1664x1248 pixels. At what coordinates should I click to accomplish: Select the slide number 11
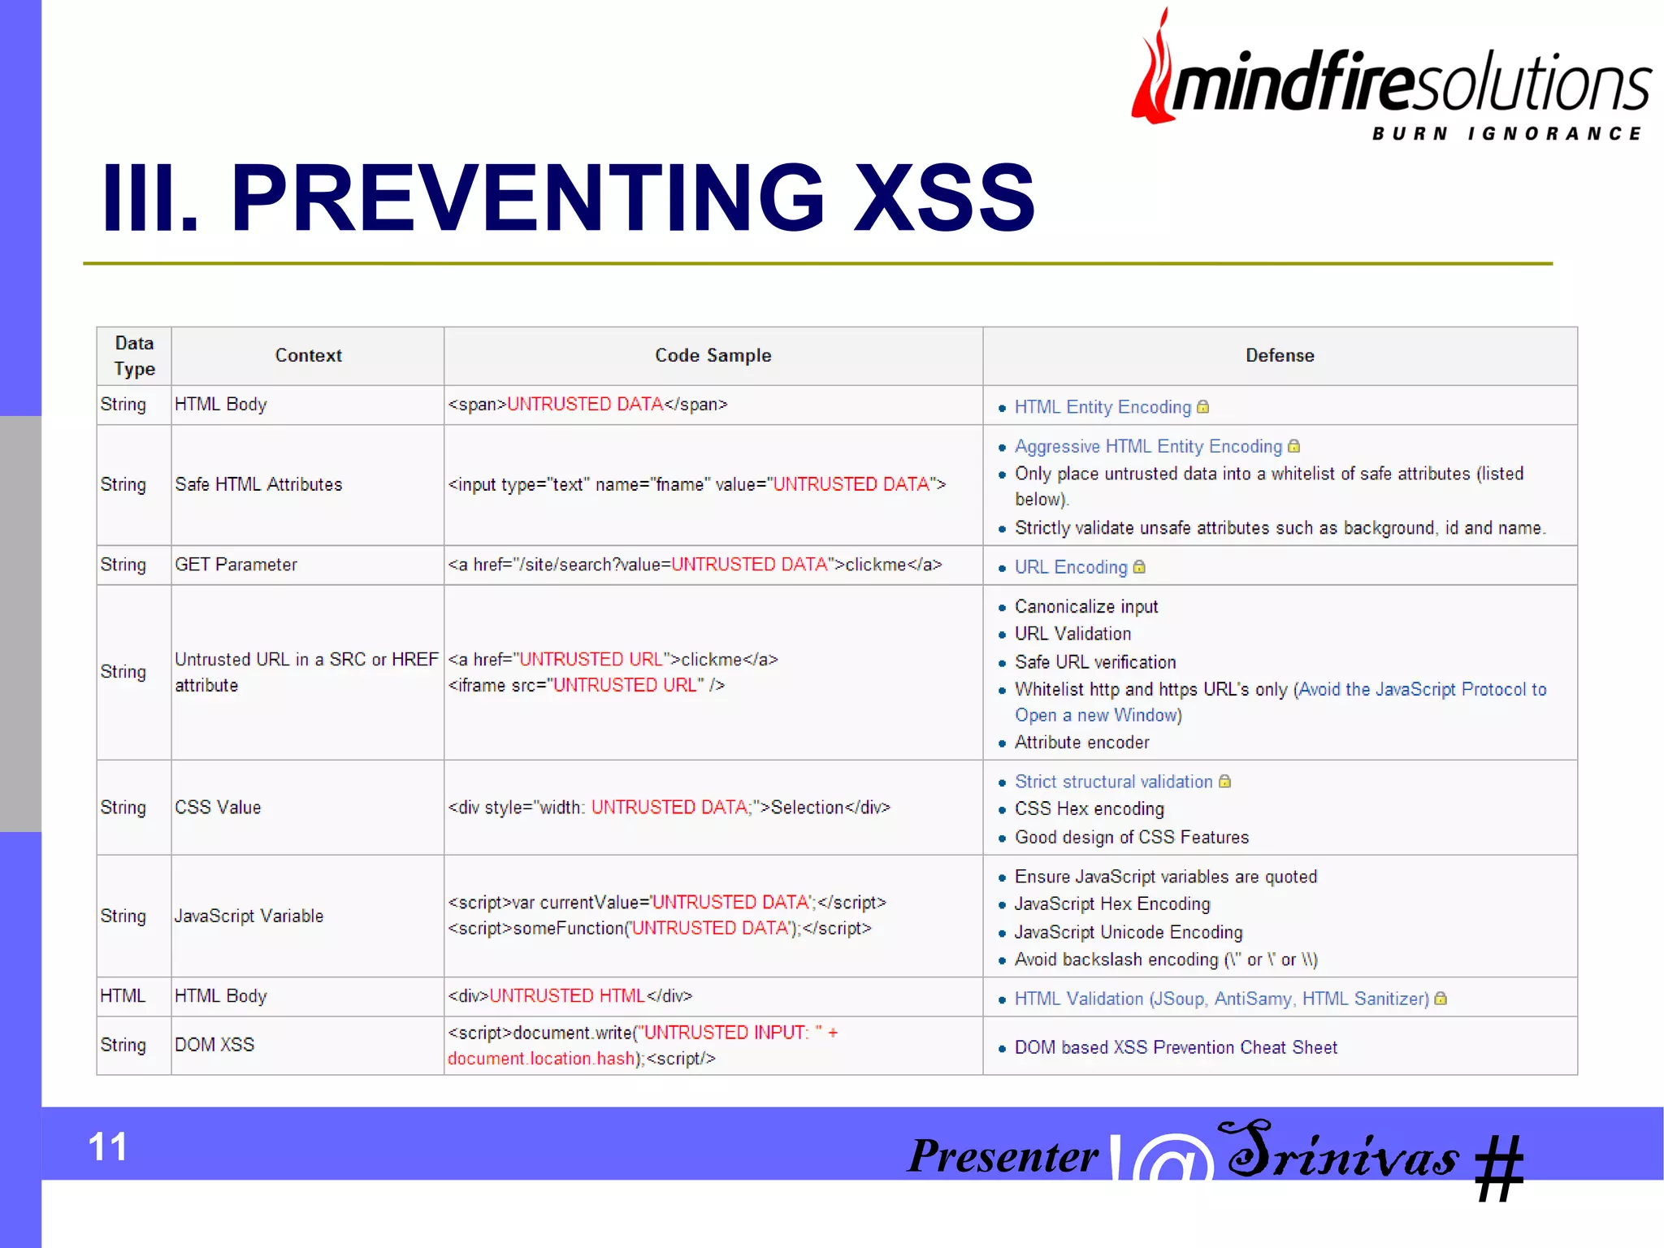[107, 1147]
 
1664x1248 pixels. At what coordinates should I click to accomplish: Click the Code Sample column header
[713, 356]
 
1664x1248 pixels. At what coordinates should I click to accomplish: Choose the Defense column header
[1280, 356]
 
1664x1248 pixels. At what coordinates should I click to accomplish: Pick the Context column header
[308, 356]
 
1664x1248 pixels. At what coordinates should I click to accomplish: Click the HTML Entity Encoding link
[1103, 407]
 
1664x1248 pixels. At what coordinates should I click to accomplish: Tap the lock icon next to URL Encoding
[1139, 567]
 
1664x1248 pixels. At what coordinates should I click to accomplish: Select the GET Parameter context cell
[236, 565]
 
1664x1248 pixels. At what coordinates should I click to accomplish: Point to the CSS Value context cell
[218, 808]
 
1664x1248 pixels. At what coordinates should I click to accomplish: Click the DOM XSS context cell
[214, 1045]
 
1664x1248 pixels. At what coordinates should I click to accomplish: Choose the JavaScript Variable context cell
[249, 916]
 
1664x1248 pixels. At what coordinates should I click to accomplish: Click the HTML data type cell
[123, 996]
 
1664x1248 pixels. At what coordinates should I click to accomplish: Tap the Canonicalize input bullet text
[1086, 607]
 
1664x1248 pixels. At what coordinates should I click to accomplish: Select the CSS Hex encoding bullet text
[1089, 809]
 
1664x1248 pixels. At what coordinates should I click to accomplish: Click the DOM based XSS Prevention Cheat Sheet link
[1176, 1048]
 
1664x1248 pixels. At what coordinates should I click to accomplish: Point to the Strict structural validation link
[1113, 782]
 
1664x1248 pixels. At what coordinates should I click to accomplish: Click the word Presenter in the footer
[1003, 1155]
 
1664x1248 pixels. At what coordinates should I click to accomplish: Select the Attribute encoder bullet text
[1081, 743]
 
